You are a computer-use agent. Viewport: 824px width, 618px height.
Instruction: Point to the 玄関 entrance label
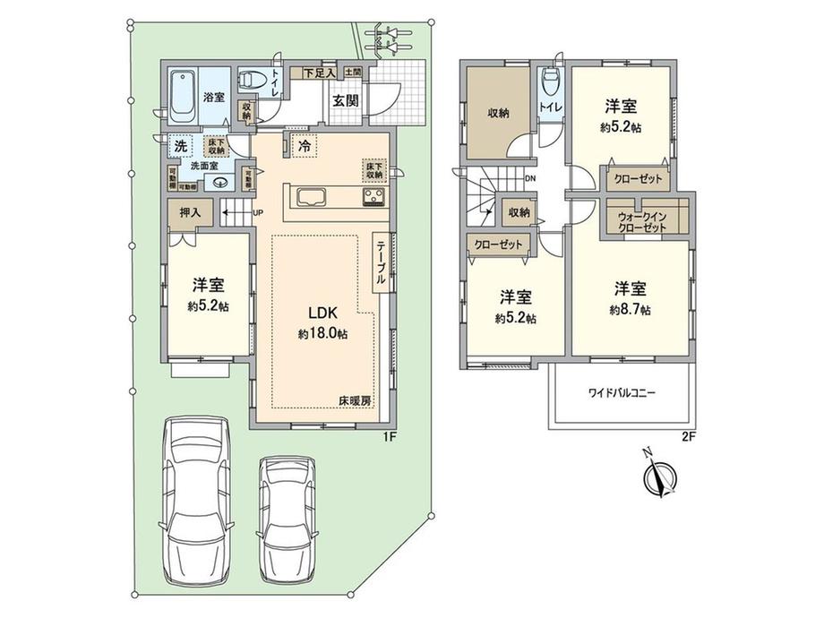(347, 100)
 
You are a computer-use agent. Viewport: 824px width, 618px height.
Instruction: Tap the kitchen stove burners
(373, 197)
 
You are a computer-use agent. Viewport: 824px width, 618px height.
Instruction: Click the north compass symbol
(660, 478)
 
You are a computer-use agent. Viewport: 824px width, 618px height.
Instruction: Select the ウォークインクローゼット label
(643, 221)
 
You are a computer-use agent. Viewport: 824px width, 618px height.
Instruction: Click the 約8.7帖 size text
(630, 309)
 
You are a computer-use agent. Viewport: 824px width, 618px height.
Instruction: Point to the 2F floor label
(688, 437)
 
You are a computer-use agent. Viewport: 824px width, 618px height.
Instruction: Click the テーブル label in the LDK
(381, 263)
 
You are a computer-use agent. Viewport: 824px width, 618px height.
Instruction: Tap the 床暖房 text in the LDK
(356, 400)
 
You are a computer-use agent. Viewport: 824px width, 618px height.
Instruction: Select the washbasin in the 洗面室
(220, 180)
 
